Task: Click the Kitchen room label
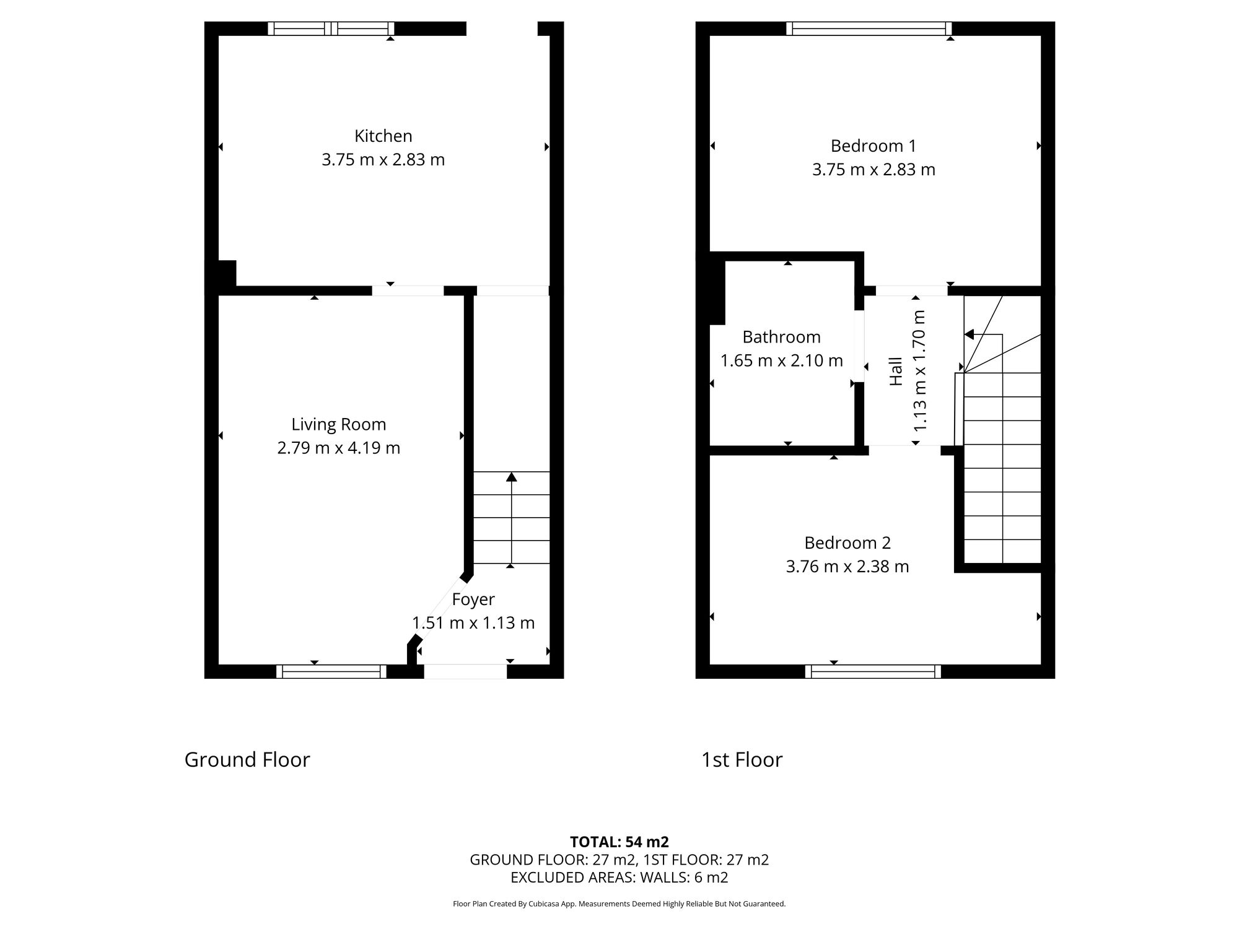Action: coord(383,136)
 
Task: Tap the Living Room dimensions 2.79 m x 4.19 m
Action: coord(338,448)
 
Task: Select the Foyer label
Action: coord(473,600)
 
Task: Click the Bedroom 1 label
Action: coord(873,146)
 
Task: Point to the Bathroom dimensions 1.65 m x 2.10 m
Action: coord(781,360)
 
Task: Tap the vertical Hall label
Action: coord(896,372)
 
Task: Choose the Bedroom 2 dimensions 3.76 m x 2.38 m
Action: coord(847,567)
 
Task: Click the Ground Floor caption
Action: coord(247,759)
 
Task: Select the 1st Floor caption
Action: coord(742,759)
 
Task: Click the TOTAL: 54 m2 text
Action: coord(619,842)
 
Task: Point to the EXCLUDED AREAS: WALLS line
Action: coord(619,878)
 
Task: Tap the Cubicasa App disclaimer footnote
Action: coord(619,904)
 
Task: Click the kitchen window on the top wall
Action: coord(331,28)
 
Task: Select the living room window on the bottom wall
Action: coord(331,671)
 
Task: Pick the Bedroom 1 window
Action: coord(869,28)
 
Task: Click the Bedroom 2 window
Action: coord(873,671)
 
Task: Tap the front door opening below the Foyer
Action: coord(465,671)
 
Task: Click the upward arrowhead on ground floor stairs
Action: coord(511,477)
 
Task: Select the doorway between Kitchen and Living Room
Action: coord(408,290)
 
